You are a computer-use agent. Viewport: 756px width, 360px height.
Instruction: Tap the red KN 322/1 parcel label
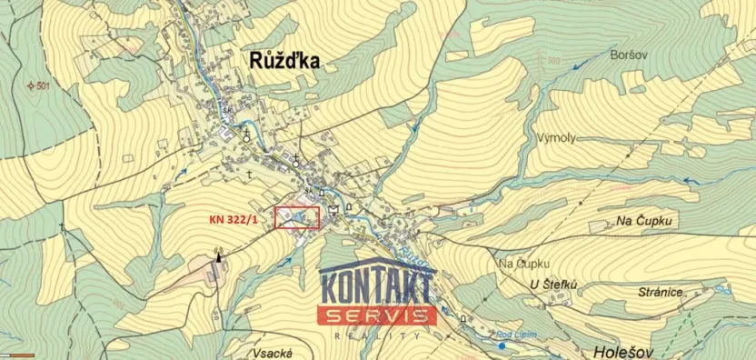coord(235,219)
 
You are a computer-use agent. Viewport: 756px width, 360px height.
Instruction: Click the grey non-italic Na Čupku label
coord(522,264)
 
